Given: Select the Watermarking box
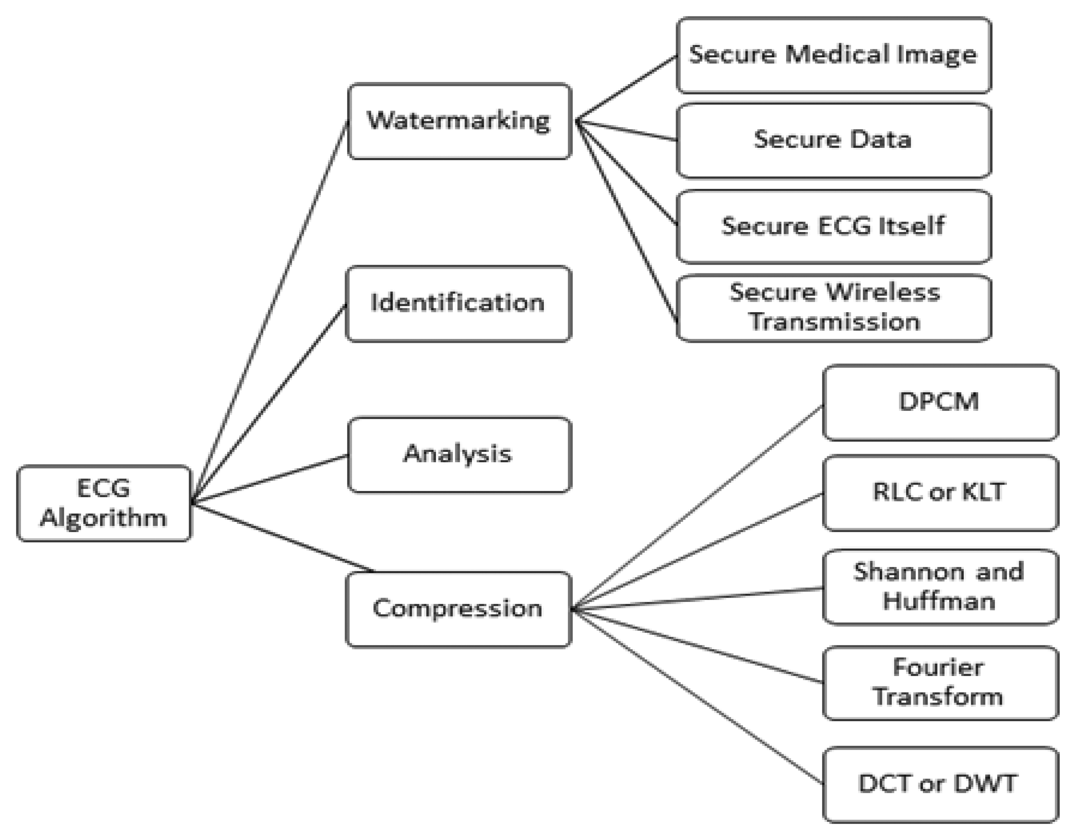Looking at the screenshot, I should click(x=459, y=121).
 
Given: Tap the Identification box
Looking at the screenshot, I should click(x=458, y=304).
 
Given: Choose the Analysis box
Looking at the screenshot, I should click(x=459, y=454).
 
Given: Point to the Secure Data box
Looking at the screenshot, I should click(x=833, y=140).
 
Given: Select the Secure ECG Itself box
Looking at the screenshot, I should click(x=833, y=227).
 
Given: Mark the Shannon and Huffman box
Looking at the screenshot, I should click(x=940, y=587).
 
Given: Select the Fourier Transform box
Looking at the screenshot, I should click(x=940, y=683).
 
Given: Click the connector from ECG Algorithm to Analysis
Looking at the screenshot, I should click(x=270, y=479).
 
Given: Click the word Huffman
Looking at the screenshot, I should click(x=939, y=602).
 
